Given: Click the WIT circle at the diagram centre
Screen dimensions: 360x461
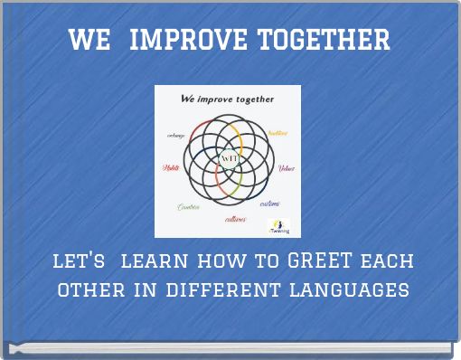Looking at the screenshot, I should pyautogui.click(x=229, y=159).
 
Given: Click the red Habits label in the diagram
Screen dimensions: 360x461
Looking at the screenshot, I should pyautogui.click(x=171, y=167).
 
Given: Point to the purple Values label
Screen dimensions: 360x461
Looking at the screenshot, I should pyautogui.click(x=286, y=168).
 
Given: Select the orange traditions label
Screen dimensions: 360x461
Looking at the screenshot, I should pyautogui.click(x=277, y=133).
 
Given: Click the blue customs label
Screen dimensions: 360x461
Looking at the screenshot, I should pyautogui.click(x=269, y=204).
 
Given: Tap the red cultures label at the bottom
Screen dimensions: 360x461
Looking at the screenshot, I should pyautogui.click(x=235, y=218).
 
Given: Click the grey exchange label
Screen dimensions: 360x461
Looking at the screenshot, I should pyautogui.click(x=176, y=135).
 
